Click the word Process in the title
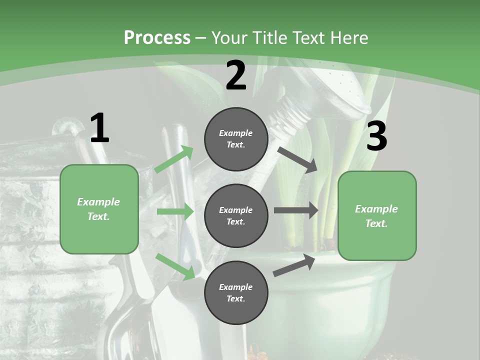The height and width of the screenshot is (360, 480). [x=157, y=37]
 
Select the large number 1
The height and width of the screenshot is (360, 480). [x=99, y=128]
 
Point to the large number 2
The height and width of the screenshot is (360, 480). [x=236, y=75]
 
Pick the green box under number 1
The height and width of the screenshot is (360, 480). [x=99, y=209]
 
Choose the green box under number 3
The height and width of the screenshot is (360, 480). [x=377, y=215]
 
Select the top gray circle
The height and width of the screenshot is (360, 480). [x=236, y=139]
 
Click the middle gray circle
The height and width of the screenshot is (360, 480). [x=236, y=215]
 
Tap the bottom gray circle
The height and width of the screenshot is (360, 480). [x=236, y=292]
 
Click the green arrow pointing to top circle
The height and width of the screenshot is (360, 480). [x=174, y=159]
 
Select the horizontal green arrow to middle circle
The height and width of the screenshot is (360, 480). [x=175, y=212]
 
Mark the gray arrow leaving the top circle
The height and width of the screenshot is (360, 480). [x=298, y=159]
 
